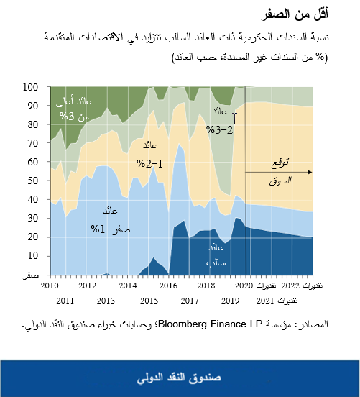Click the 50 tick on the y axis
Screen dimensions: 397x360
click(x=32, y=181)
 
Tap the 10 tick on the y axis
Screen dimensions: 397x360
click(x=32, y=255)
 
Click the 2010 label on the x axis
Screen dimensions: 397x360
click(x=50, y=286)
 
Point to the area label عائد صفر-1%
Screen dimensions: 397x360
click(x=108, y=219)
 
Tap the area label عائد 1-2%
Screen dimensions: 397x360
click(x=150, y=154)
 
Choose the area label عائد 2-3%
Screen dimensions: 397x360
click(x=220, y=121)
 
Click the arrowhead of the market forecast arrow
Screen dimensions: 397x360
click(x=310, y=173)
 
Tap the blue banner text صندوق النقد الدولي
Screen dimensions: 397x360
click(x=180, y=377)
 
